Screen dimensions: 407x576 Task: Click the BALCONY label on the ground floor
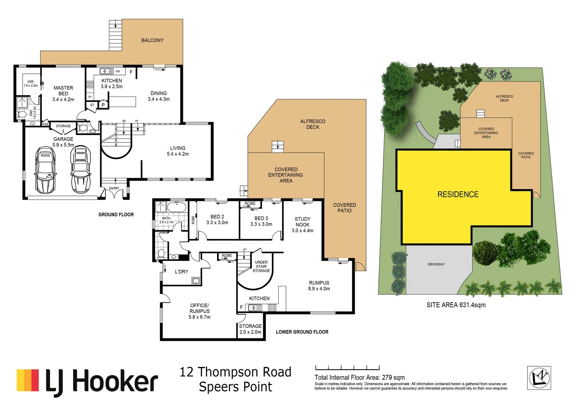(152, 40)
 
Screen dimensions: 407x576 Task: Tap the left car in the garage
(45, 169)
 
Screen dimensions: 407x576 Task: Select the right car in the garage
(81, 170)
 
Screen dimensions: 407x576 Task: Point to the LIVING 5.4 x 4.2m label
(178, 151)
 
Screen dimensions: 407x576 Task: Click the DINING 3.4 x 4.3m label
(158, 96)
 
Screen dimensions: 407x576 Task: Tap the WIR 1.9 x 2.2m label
(31, 83)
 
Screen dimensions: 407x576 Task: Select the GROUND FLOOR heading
(116, 214)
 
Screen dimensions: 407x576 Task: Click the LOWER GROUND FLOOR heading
(302, 332)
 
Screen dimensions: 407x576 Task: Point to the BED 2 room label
(217, 219)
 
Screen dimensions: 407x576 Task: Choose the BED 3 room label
(261, 221)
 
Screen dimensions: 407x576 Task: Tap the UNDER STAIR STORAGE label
(261, 266)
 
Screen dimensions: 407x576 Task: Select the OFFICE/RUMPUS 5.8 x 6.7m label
(199, 311)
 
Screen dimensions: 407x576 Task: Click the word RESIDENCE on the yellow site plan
(458, 194)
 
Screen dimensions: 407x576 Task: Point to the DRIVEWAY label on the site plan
(436, 264)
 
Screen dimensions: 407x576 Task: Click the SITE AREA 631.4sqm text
(456, 305)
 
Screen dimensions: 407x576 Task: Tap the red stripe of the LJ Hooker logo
(34, 380)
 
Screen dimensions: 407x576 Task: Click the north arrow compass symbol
(539, 378)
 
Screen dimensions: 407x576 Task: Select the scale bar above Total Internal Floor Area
(347, 367)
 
